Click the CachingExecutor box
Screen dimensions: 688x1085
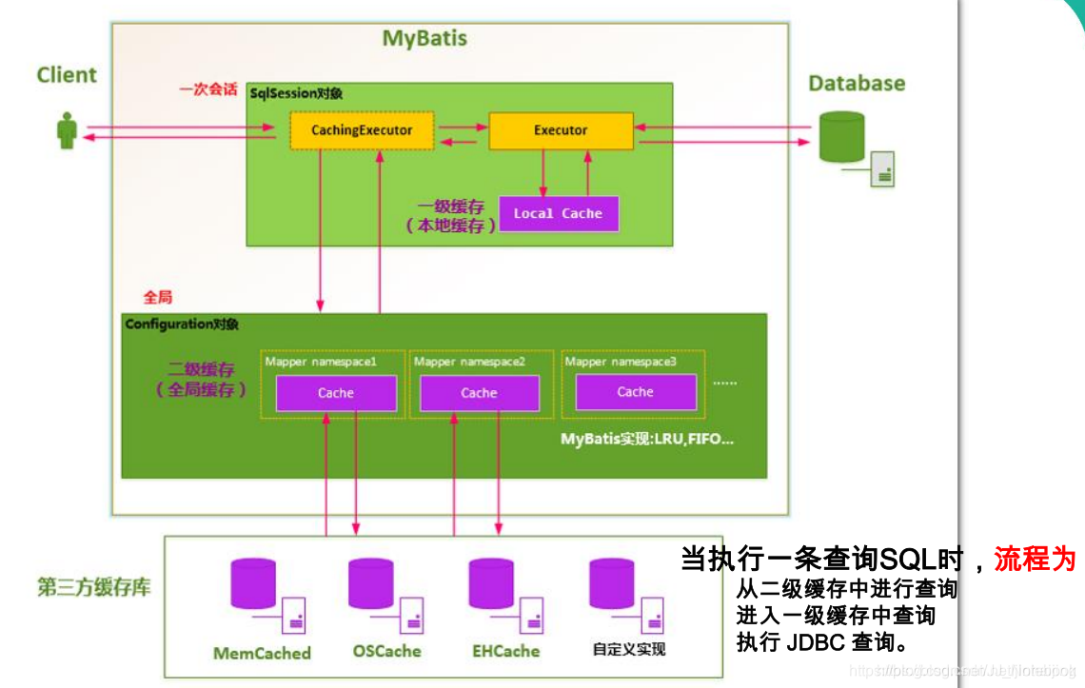coord(362,130)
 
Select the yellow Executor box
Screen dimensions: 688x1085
coord(561,130)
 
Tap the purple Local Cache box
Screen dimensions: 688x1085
coord(558,213)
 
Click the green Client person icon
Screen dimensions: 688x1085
coord(67,130)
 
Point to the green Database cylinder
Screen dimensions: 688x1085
coord(841,137)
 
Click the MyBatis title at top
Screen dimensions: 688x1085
coord(424,39)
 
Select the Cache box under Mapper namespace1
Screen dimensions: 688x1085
coord(336,393)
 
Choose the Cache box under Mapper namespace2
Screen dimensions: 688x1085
coord(479,393)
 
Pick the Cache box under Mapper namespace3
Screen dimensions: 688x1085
coord(635,391)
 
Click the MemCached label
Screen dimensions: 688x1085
coord(262,653)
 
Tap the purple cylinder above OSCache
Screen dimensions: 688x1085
coord(371,583)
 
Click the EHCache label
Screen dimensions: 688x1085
coord(505,651)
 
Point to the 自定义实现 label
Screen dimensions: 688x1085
coord(628,649)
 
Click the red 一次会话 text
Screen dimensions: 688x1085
coord(207,89)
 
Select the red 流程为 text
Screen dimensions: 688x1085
coord(1035,559)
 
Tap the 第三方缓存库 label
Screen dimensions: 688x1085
coord(93,587)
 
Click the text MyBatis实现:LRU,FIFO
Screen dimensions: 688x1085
coord(647,439)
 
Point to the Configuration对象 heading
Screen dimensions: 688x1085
coord(182,324)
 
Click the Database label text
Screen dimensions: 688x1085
coord(857,83)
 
